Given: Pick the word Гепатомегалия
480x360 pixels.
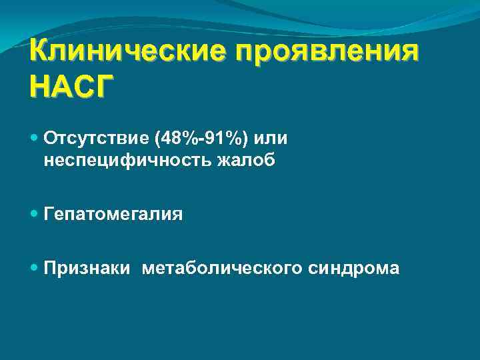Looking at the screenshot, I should coord(113,214).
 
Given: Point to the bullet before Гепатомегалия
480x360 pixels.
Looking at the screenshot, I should coord(35,214).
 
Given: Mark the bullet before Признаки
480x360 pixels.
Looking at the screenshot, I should coord(35,267).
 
